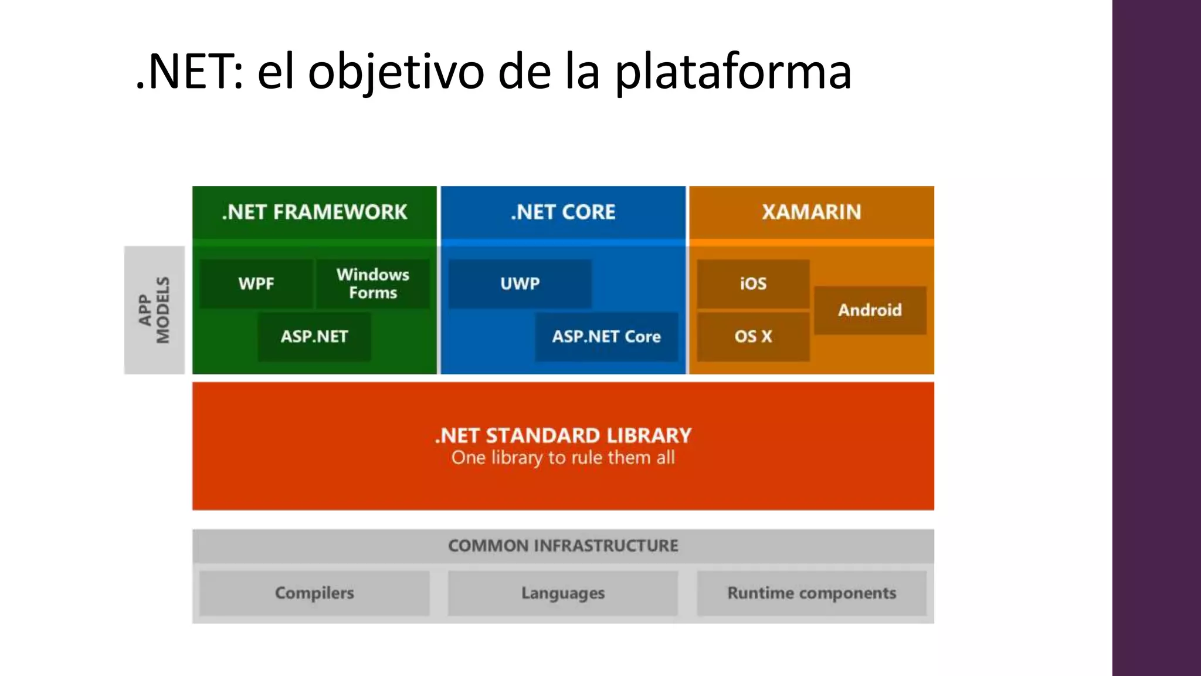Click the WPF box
click(256, 283)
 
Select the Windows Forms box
click(373, 283)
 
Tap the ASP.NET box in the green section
click(314, 336)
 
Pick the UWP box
click(520, 283)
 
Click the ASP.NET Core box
click(606, 336)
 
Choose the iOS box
click(753, 283)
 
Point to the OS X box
click(753, 336)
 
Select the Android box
click(870, 310)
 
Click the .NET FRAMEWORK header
click(314, 212)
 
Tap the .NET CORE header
click(563, 212)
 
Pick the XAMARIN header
click(812, 212)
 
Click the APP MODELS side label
click(154, 310)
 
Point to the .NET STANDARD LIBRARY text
click(563, 435)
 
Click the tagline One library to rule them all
click(563, 458)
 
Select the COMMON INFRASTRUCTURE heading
click(563, 546)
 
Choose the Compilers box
click(314, 593)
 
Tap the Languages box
click(563, 593)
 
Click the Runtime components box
click(812, 593)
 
